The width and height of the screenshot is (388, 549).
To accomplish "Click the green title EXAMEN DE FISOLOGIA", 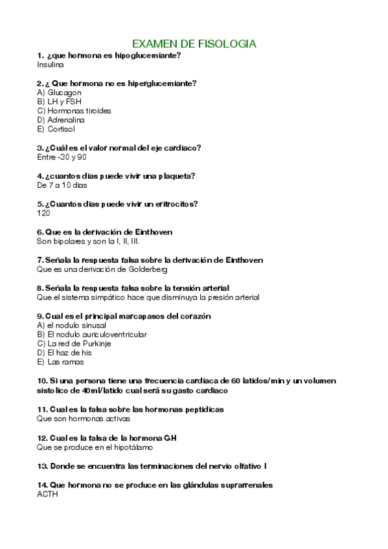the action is [194, 43].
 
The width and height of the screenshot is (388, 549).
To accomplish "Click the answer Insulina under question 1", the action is [51, 65].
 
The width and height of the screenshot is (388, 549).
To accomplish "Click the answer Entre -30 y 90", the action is [62, 157].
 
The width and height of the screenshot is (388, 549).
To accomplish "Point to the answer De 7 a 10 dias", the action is [62, 185].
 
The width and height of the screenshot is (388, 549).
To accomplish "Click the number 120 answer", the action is [43, 213].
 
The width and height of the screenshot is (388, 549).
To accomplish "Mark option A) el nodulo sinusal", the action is [72, 325].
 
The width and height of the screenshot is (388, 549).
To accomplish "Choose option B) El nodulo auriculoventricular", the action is [92, 334].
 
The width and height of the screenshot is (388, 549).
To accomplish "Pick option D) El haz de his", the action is [65, 353].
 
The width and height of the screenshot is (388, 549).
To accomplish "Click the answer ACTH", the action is [47, 494].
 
